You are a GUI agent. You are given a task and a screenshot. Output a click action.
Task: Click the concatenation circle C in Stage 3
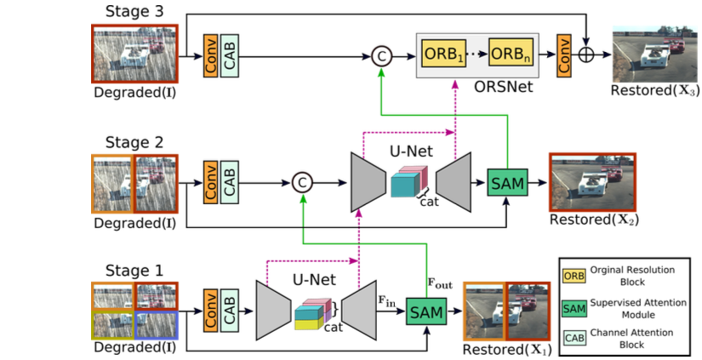[381, 56]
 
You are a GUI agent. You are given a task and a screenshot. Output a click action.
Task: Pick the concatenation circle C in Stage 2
[302, 181]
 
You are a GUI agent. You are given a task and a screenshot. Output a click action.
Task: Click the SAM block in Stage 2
[508, 180]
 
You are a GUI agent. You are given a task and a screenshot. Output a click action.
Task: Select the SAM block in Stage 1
[426, 311]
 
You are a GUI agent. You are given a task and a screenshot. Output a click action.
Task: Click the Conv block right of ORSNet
[562, 55]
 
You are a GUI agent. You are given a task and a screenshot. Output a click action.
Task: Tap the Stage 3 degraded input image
[134, 55]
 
